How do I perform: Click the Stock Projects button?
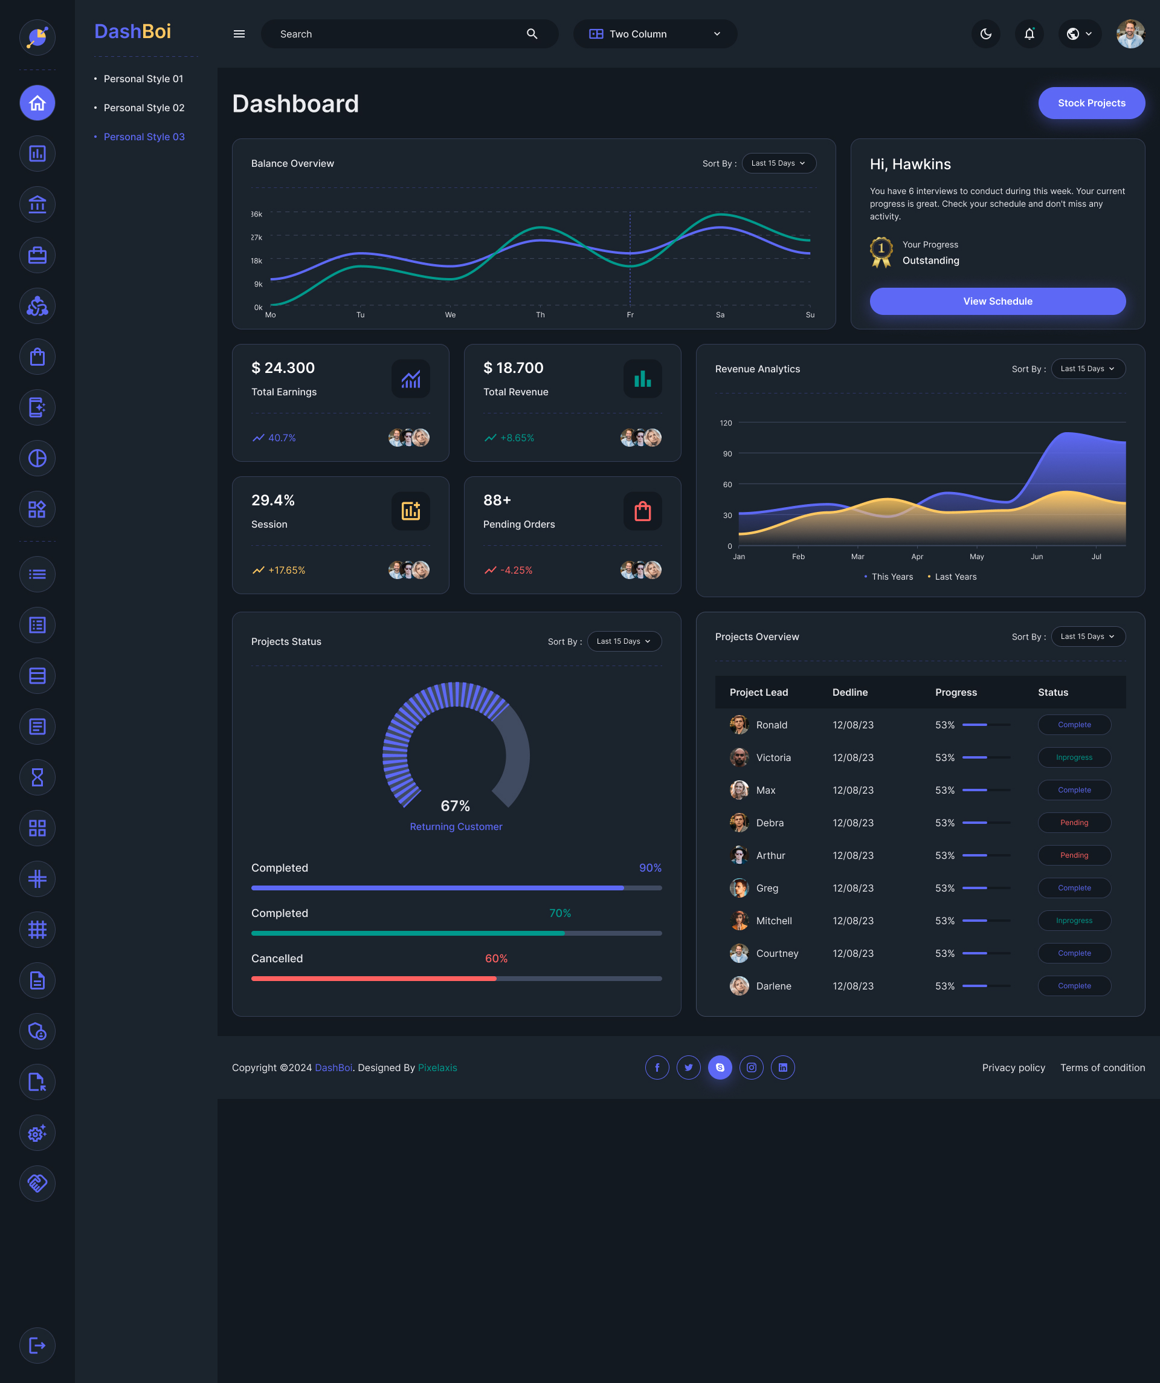click(1091, 103)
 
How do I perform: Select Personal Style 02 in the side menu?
click(144, 108)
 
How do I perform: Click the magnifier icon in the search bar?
click(532, 34)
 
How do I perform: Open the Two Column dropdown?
click(654, 34)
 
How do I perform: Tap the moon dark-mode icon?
click(985, 34)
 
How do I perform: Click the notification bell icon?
click(1029, 34)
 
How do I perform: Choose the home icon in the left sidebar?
click(37, 103)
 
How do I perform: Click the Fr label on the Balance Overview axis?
click(630, 315)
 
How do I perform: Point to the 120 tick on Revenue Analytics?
click(726, 423)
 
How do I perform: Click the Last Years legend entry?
click(955, 576)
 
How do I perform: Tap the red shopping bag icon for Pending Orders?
click(643, 511)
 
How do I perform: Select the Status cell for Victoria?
click(1074, 757)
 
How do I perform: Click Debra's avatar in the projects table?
click(739, 823)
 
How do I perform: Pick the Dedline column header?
click(849, 692)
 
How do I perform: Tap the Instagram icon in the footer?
click(751, 1067)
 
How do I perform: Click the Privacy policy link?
click(1013, 1067)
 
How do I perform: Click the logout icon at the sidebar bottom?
click(37, 1346)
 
